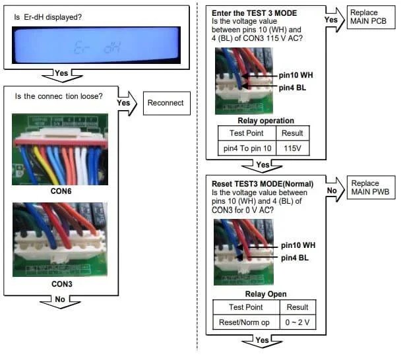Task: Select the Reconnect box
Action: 164,103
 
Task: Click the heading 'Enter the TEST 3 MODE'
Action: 255,13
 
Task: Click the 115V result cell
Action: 292,148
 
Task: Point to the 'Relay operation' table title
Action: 266,121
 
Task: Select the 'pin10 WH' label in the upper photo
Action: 296,75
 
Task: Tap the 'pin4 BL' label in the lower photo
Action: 295,257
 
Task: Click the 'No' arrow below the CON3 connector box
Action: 61,301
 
